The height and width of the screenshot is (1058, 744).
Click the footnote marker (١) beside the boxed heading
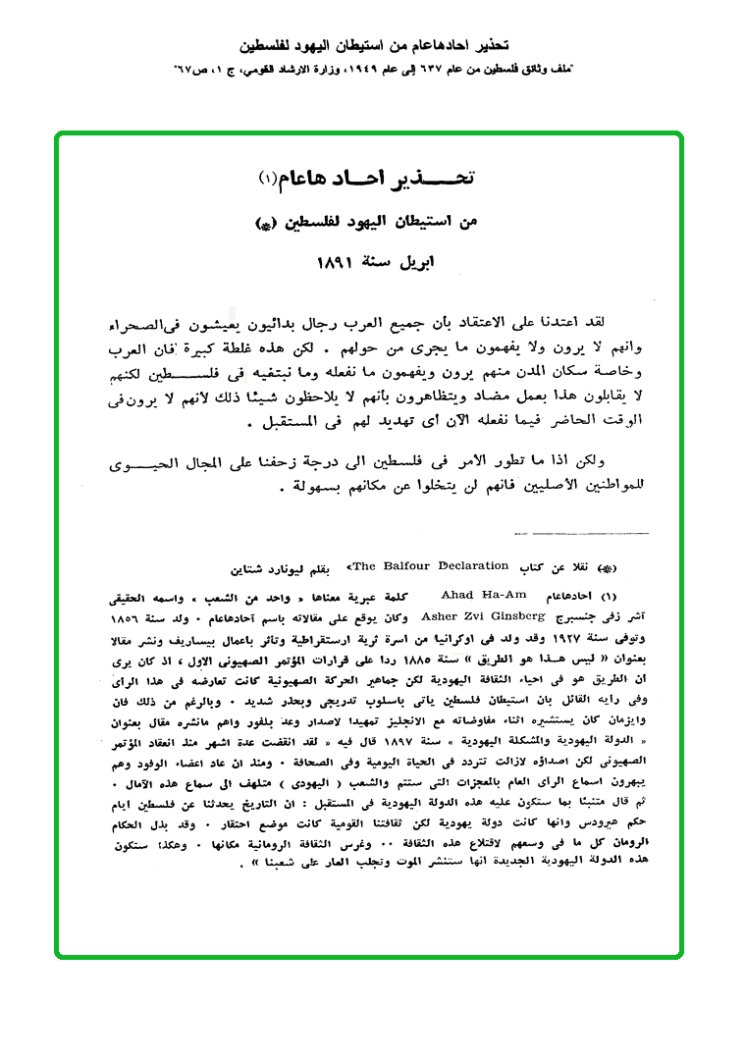point(269,178)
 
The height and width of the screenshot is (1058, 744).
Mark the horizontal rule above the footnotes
point(580,534)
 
